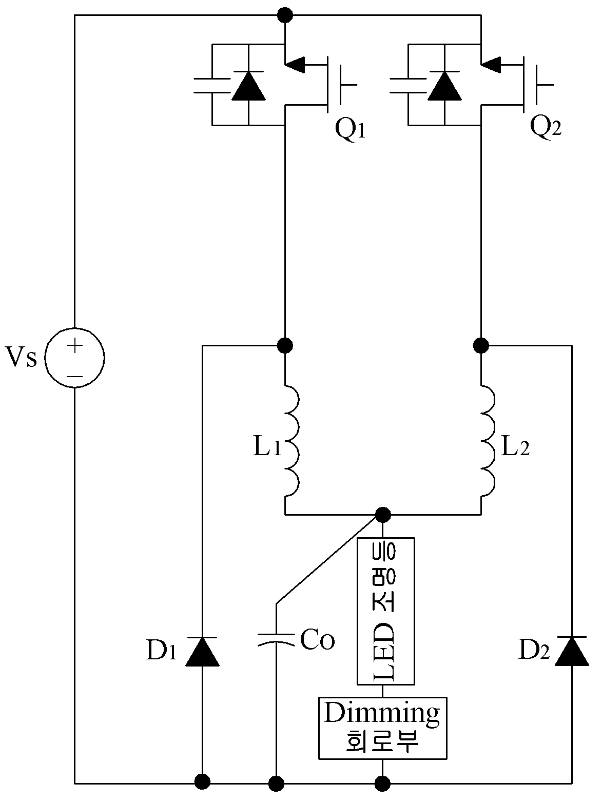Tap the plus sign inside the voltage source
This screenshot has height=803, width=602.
point(74,345)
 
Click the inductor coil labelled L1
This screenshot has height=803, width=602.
point(292,441)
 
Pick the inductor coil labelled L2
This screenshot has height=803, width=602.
point(488,441)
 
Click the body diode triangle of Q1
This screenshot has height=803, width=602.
point(248,86)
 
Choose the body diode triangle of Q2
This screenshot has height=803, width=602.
point(444,86)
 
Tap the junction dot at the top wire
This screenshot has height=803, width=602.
point(285,15)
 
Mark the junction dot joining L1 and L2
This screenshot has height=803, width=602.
point(383,515)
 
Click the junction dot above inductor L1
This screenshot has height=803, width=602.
point(285,345)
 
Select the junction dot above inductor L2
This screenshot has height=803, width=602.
point(481,345)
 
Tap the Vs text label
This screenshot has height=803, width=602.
point(21,357)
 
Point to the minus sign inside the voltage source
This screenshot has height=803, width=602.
point(75,377)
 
